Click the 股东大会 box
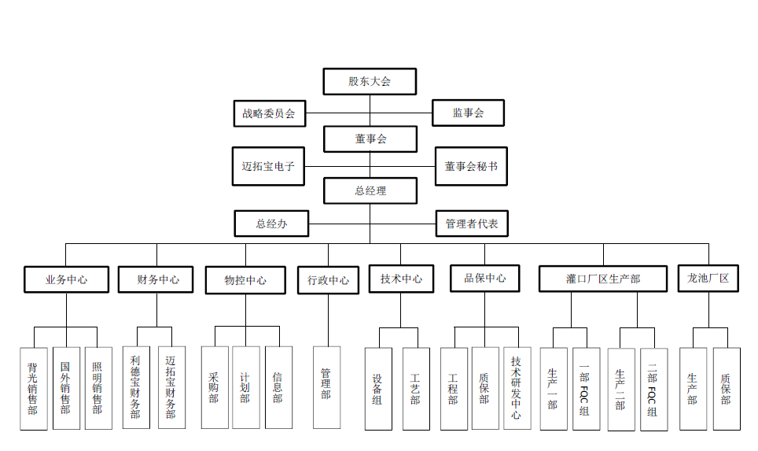click(370, 81)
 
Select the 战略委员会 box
click(269, 113)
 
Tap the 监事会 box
click(468, 113)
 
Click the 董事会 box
click(370, 139)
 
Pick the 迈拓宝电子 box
click(268, 167)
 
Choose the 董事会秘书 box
click(470, 167)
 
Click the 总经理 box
click(370, 190)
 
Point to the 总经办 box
click(271, 224)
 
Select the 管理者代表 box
click(472, 224)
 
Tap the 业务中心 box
click(66, 279)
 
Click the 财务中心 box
click(156, 279)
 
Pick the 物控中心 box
click(245, 280)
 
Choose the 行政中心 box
click(328, 280)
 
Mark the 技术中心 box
click(401, 279)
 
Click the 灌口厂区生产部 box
click(603, 279)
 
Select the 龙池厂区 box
click(708, 279)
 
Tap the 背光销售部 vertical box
click(32, 388)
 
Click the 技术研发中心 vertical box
click(516, 388)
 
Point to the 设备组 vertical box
click(378, 389)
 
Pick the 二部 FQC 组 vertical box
click(653, 390)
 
